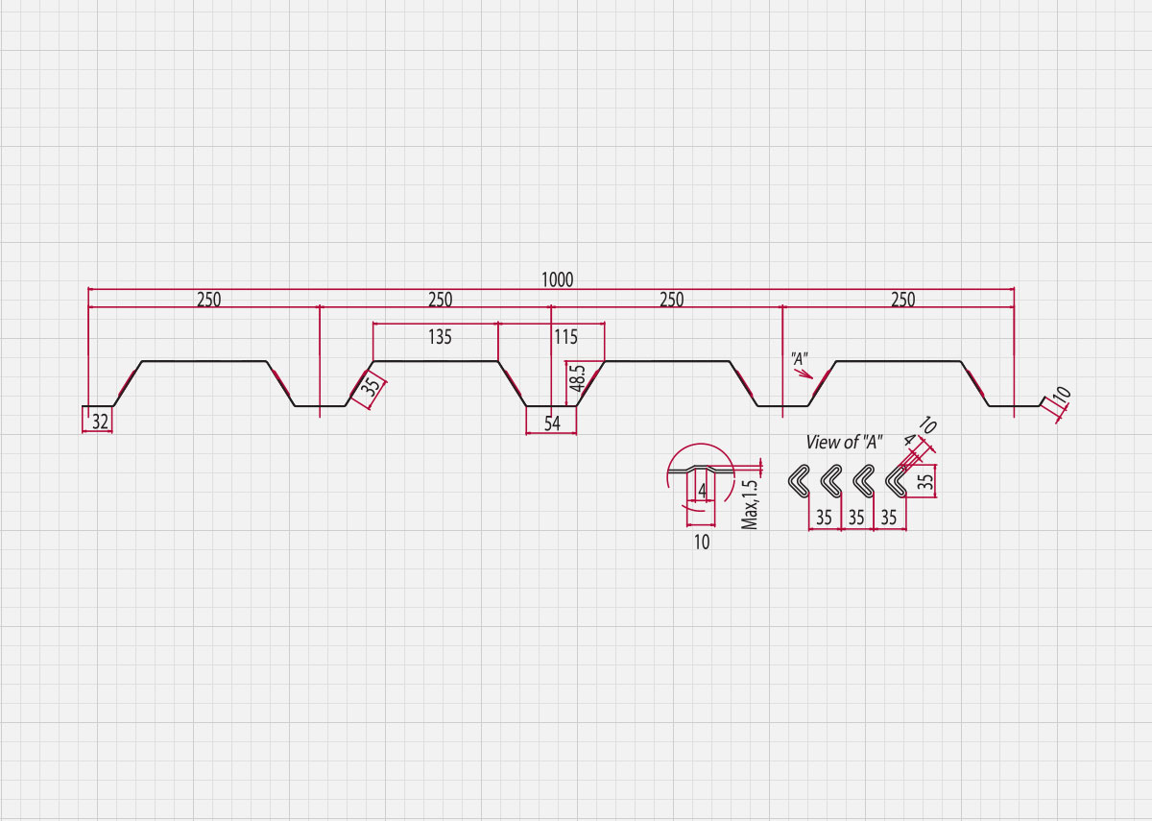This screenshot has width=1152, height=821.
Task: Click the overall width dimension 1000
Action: point(557,279)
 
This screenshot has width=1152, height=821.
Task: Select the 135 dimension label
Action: point(440,337)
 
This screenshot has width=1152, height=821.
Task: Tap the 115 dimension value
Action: point(565,337)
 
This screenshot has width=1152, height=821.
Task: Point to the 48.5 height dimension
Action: point(578,378)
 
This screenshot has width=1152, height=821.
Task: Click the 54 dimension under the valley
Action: point(552,423)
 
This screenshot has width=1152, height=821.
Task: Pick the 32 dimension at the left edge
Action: point(100,422)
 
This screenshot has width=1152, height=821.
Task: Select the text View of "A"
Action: point(844,442)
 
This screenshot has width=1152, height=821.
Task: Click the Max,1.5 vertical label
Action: point(750,504)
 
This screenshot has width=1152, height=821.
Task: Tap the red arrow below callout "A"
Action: point(804,374)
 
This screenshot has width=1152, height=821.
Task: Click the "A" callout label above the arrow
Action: point(799,358)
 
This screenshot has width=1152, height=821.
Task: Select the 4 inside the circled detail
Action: point(703,492)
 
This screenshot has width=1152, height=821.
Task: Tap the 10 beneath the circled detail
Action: point(702,543)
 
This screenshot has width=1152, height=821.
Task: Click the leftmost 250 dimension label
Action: point(209,300)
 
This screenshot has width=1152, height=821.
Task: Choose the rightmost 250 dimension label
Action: point(903,300)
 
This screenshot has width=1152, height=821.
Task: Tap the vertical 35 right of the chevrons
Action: point(925,481)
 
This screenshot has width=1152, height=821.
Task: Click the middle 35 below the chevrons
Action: point(856,517)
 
